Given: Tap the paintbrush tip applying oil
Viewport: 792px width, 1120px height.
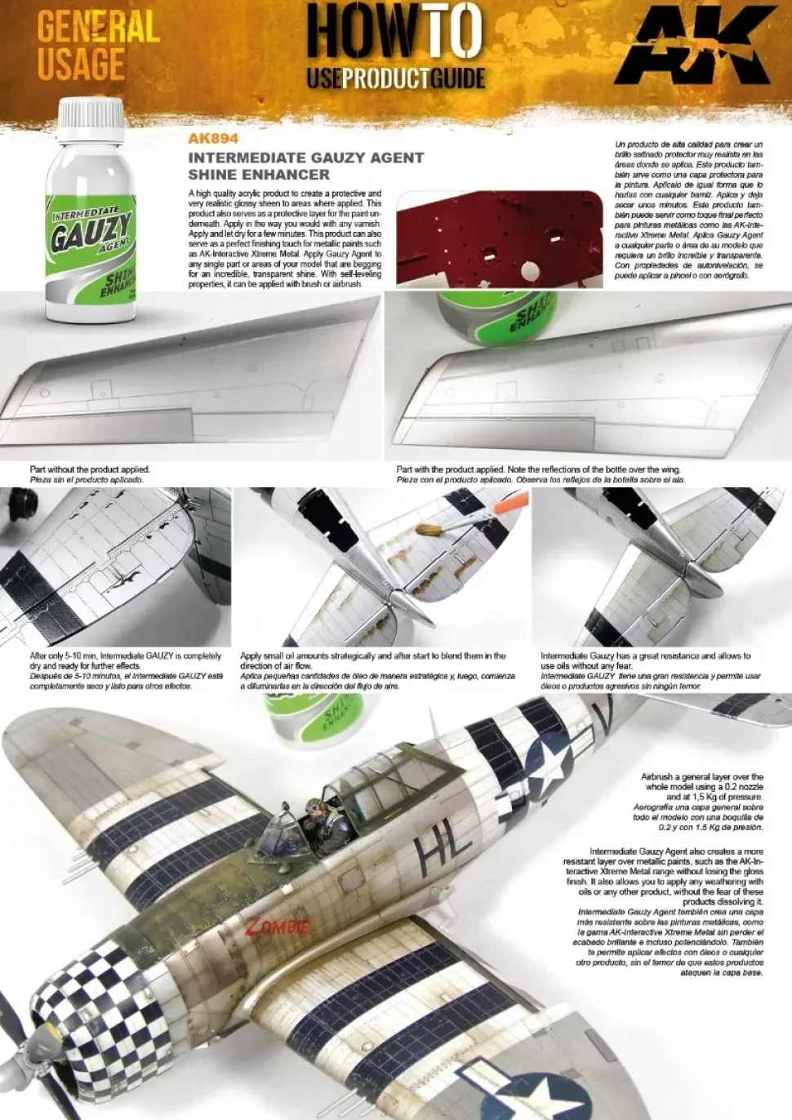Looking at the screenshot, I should click(425, 530).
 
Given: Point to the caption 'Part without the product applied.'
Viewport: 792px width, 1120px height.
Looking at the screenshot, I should click(90, 469).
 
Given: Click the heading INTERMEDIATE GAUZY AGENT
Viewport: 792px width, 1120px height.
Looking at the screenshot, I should click(305, 158).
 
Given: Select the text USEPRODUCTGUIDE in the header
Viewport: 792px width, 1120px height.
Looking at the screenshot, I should click(396, 78).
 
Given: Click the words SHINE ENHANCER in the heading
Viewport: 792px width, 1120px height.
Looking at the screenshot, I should click(259, 174).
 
